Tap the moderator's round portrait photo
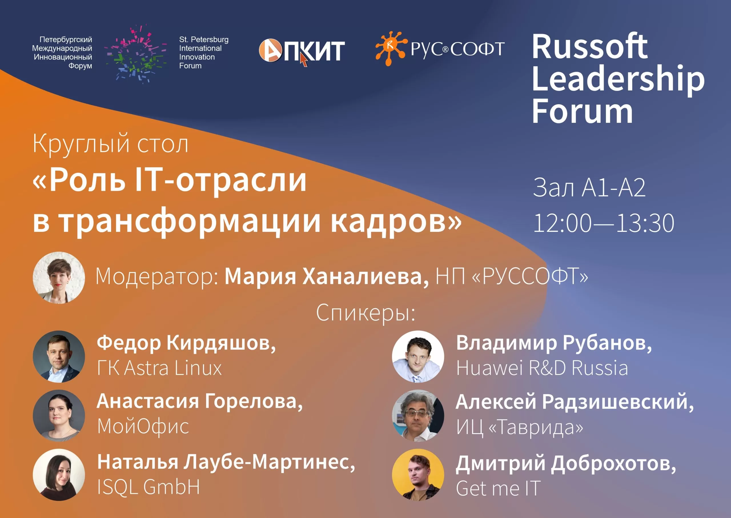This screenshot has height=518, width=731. [59, 278]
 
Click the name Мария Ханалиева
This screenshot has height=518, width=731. [327, 276]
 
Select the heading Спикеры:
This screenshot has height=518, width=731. [365, 313]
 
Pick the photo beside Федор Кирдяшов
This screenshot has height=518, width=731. [59, 356]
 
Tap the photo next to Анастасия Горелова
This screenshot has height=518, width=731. [59, 415]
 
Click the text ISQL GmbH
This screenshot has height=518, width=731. [148, 487]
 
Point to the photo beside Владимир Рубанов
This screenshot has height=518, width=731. [418, 356]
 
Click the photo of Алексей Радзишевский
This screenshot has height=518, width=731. [418, 415]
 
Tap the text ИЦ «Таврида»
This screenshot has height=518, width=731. [519, 427]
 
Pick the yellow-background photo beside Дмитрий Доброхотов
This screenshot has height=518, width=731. [418, 475]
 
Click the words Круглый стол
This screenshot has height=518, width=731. [110, 144]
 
